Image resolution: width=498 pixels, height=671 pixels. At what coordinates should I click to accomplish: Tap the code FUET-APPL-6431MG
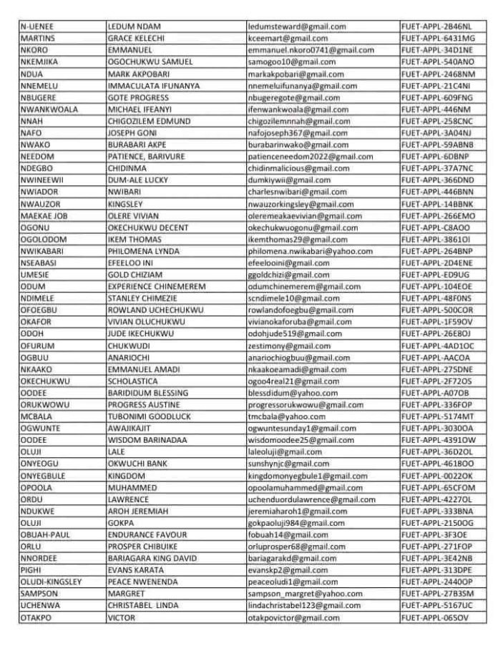(x=438, y=38)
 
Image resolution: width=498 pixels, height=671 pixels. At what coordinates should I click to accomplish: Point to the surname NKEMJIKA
(x=39, y=62)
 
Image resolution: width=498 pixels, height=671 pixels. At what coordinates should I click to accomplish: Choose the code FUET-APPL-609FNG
(x=437, y=97)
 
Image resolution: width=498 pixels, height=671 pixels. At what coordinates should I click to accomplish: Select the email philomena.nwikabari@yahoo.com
(x=310, y=251)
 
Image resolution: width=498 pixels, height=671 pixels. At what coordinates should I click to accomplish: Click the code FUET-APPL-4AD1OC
(x=438, y=346)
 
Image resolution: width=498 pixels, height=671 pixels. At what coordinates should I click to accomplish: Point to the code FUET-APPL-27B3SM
(x=438, y=594)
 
